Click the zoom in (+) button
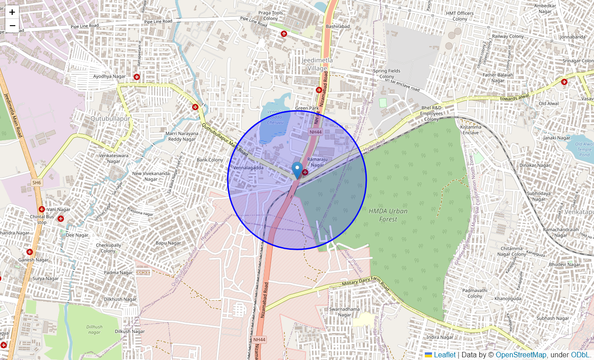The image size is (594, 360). pyautogui.click(x=12, y=12)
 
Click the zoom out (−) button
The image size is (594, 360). pyautogui.click(x=12, y=26)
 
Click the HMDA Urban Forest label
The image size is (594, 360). pyautogui.click(x=388, y=215)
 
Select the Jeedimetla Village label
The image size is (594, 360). pyautogui.click(x=317, y=64)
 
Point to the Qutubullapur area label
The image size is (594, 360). pyautogui.click(x=110, y=118)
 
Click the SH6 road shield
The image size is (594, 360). pyautogui.click(x=36, y=183)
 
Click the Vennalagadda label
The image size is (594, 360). pyautogui.click(x=248, y=168)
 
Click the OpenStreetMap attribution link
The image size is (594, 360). pyautogui.click(x=521, y=355)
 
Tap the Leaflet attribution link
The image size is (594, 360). pyautogui.click(x=445, y=355)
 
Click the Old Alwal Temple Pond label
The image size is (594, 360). pyautogui.click(x=584, y=149)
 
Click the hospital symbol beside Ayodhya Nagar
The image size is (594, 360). pyautogui.click(x=137, y=77)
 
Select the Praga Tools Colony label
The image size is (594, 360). pyautogui.click(x=270, y=16)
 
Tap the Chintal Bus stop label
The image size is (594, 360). pyautogui.click(x=42, y=219)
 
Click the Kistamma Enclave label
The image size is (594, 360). pyautogui.click(x=471, y=130)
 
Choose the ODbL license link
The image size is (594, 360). pyautogui.click(x=580, y=355)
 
